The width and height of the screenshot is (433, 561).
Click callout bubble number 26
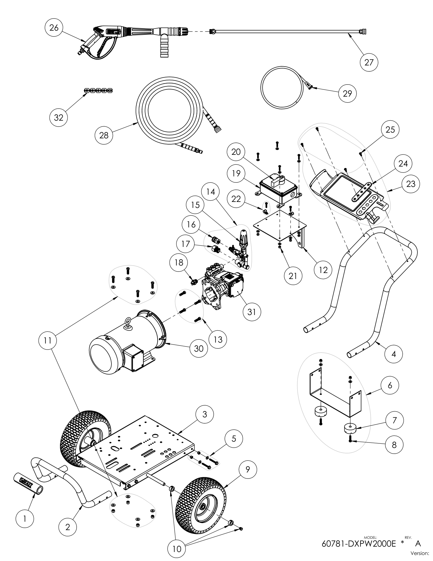54,28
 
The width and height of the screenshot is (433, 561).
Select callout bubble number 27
369,62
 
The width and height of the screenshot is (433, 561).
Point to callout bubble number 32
58,117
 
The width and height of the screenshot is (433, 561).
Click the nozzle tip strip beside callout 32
98,90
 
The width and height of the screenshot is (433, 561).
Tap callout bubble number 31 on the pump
252,312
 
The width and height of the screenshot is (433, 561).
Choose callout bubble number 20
236,152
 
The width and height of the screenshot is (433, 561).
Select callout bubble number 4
394,354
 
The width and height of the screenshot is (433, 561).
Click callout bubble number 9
248,469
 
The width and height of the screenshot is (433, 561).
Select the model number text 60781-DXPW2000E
359,544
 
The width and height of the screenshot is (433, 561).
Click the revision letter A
418,544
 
